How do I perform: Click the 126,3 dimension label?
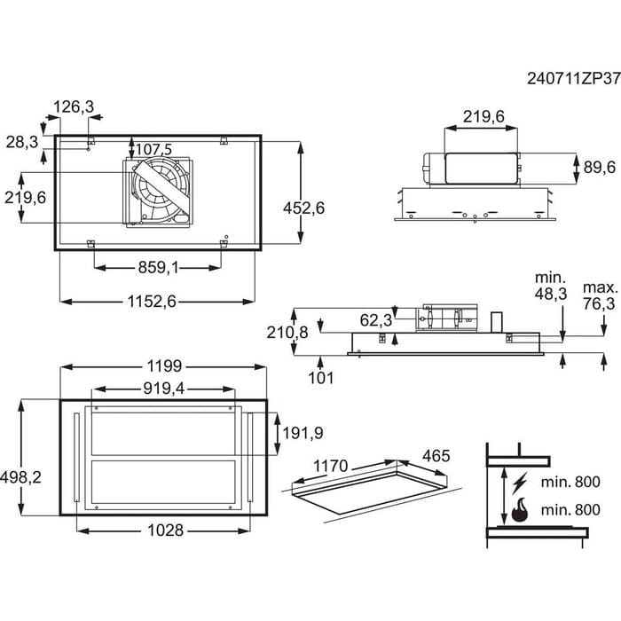tap(74, 106)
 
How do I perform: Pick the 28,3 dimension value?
tap(23, 142)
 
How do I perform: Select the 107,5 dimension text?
tap(154, 149)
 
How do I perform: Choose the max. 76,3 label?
tap(599, 296)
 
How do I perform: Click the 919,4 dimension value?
tap(164, 389)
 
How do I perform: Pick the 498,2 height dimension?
tap(22, 476)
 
